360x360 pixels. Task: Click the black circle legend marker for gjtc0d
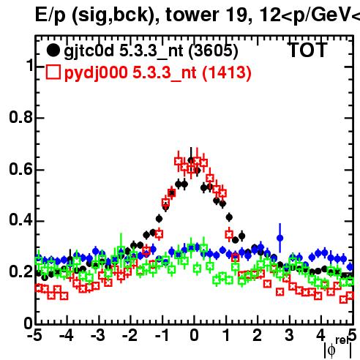click(x=53, y=50)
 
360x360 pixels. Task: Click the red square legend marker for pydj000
click(x=53, y=72)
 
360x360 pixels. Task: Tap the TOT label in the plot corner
click(x=307, y=50)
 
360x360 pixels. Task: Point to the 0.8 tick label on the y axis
click(x=20, y=117)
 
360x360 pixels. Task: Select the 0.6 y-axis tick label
click(x=20, y=169)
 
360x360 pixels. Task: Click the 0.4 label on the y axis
click(x=20, y=220)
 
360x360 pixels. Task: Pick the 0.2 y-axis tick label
click(x=20, y=271)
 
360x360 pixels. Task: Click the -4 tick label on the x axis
click(x=67, y=335)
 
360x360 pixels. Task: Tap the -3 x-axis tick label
click(x=98, y=335)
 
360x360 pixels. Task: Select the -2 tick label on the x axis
click(x=130, y=335)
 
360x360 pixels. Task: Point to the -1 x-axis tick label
click(x=162, y=335)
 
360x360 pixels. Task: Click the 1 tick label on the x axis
click(x=227, y=335)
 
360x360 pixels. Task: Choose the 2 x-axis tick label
click(x=258, y=335)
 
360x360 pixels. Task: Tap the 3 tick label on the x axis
click(x=289, y=335)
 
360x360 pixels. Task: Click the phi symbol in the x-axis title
click(x=331, y=350)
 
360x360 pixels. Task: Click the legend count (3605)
click(x=213, y=50)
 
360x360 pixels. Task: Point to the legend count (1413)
click(x=227, y=72)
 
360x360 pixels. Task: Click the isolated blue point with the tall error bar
click(x=280, y=238)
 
